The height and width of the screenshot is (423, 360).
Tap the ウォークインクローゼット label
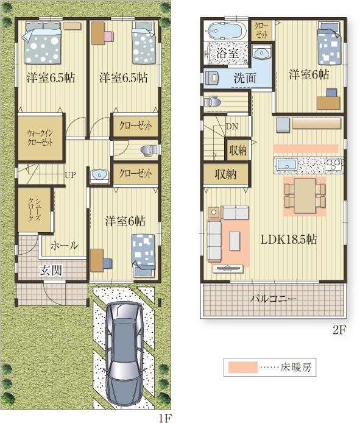tap(40, 138)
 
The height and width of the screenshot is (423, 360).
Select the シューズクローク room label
tap(35, 210)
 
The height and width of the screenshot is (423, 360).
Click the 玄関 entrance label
tap(51, 270)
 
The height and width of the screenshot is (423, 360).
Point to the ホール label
tap(65, 245)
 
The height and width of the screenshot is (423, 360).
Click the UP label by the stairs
tap(70, 175)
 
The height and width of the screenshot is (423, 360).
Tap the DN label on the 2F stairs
tap(231, 126)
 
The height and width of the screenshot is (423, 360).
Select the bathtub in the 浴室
tap(228, 31)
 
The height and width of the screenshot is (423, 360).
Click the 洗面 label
tap(245, 78)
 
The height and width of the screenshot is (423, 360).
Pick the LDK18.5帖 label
tap(288, 239)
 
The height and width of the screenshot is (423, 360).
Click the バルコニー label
tap(274, 299)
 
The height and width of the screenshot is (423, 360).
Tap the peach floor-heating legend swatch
tap(243, 367)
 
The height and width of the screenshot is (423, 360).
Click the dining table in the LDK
tap(305, 196)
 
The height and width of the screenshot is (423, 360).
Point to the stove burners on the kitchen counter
tap(334, 164)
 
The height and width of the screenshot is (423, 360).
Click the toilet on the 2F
tap(212, 102)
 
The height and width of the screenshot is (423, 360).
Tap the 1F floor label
tap(165, 418)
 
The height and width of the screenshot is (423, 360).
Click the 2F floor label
tap(339, 330)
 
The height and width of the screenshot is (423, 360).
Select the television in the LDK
tap(228, 269)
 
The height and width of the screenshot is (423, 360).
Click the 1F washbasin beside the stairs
tap(99, 176)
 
